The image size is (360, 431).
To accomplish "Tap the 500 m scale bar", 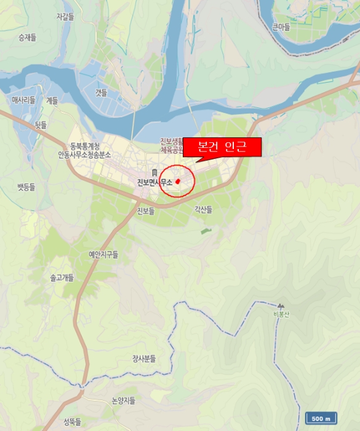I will (x=321, y=419).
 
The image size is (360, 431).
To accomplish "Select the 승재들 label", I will (x=27, y=38).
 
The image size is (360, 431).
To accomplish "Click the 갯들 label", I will (x=101, y=92).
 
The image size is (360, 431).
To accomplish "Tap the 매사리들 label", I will (x=23, y=100).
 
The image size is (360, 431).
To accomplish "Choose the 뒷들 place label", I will (x=41, y=124).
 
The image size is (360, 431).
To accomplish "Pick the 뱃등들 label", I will (x=26, y=186).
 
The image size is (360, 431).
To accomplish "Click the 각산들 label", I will (x=203, y=209).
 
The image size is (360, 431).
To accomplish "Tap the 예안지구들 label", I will (x=103, y=254).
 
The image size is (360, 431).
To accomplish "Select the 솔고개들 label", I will (x=62, y=278).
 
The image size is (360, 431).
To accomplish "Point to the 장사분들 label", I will (x=144, y=358).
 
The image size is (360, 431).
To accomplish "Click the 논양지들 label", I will (x=123, y=400).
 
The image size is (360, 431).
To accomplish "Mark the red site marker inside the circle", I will (x=177, y=182).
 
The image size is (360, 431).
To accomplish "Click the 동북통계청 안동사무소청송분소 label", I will (x=84, y=150).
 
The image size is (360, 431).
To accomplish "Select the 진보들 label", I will (x=145, y=211).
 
